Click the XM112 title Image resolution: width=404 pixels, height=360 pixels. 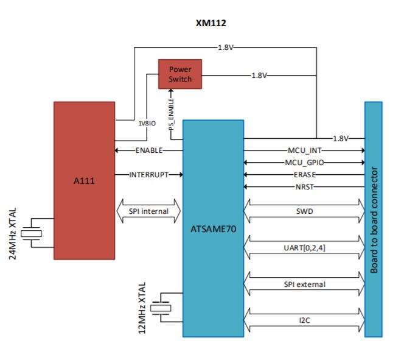point(211,23)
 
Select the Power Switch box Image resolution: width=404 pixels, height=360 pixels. point(179,74)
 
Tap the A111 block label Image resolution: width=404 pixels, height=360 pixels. point(83,180)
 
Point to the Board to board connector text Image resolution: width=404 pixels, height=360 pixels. point(374,219)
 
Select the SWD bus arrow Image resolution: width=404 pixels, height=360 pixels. point(304,211)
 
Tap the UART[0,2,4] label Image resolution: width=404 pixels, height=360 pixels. point(304,248)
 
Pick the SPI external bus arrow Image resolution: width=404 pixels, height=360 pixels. point(304,284)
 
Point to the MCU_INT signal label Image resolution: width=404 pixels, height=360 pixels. point(304,150)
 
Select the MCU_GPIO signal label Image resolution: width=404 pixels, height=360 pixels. point(304,163)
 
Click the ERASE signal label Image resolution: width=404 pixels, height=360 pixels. point(304,175)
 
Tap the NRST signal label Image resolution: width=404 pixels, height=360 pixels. point(304,186)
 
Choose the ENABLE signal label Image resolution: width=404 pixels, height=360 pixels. point(149,150)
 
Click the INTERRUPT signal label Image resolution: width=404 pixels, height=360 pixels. point(149,174)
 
